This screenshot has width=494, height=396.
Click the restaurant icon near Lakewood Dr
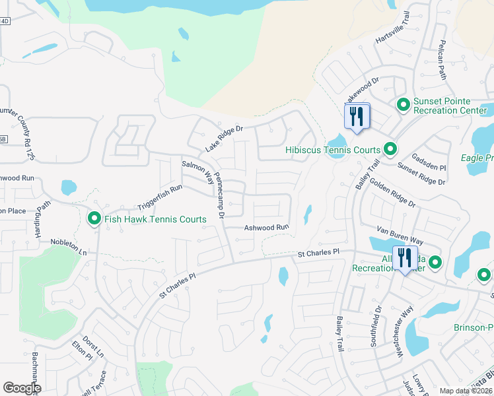(357, 117)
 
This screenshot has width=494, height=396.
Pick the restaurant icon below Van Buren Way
(405, 257)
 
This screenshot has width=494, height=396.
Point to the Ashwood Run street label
(267, 227)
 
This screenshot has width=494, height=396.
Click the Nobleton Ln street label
(69, 247)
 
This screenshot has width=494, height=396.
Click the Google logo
(22, 388)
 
